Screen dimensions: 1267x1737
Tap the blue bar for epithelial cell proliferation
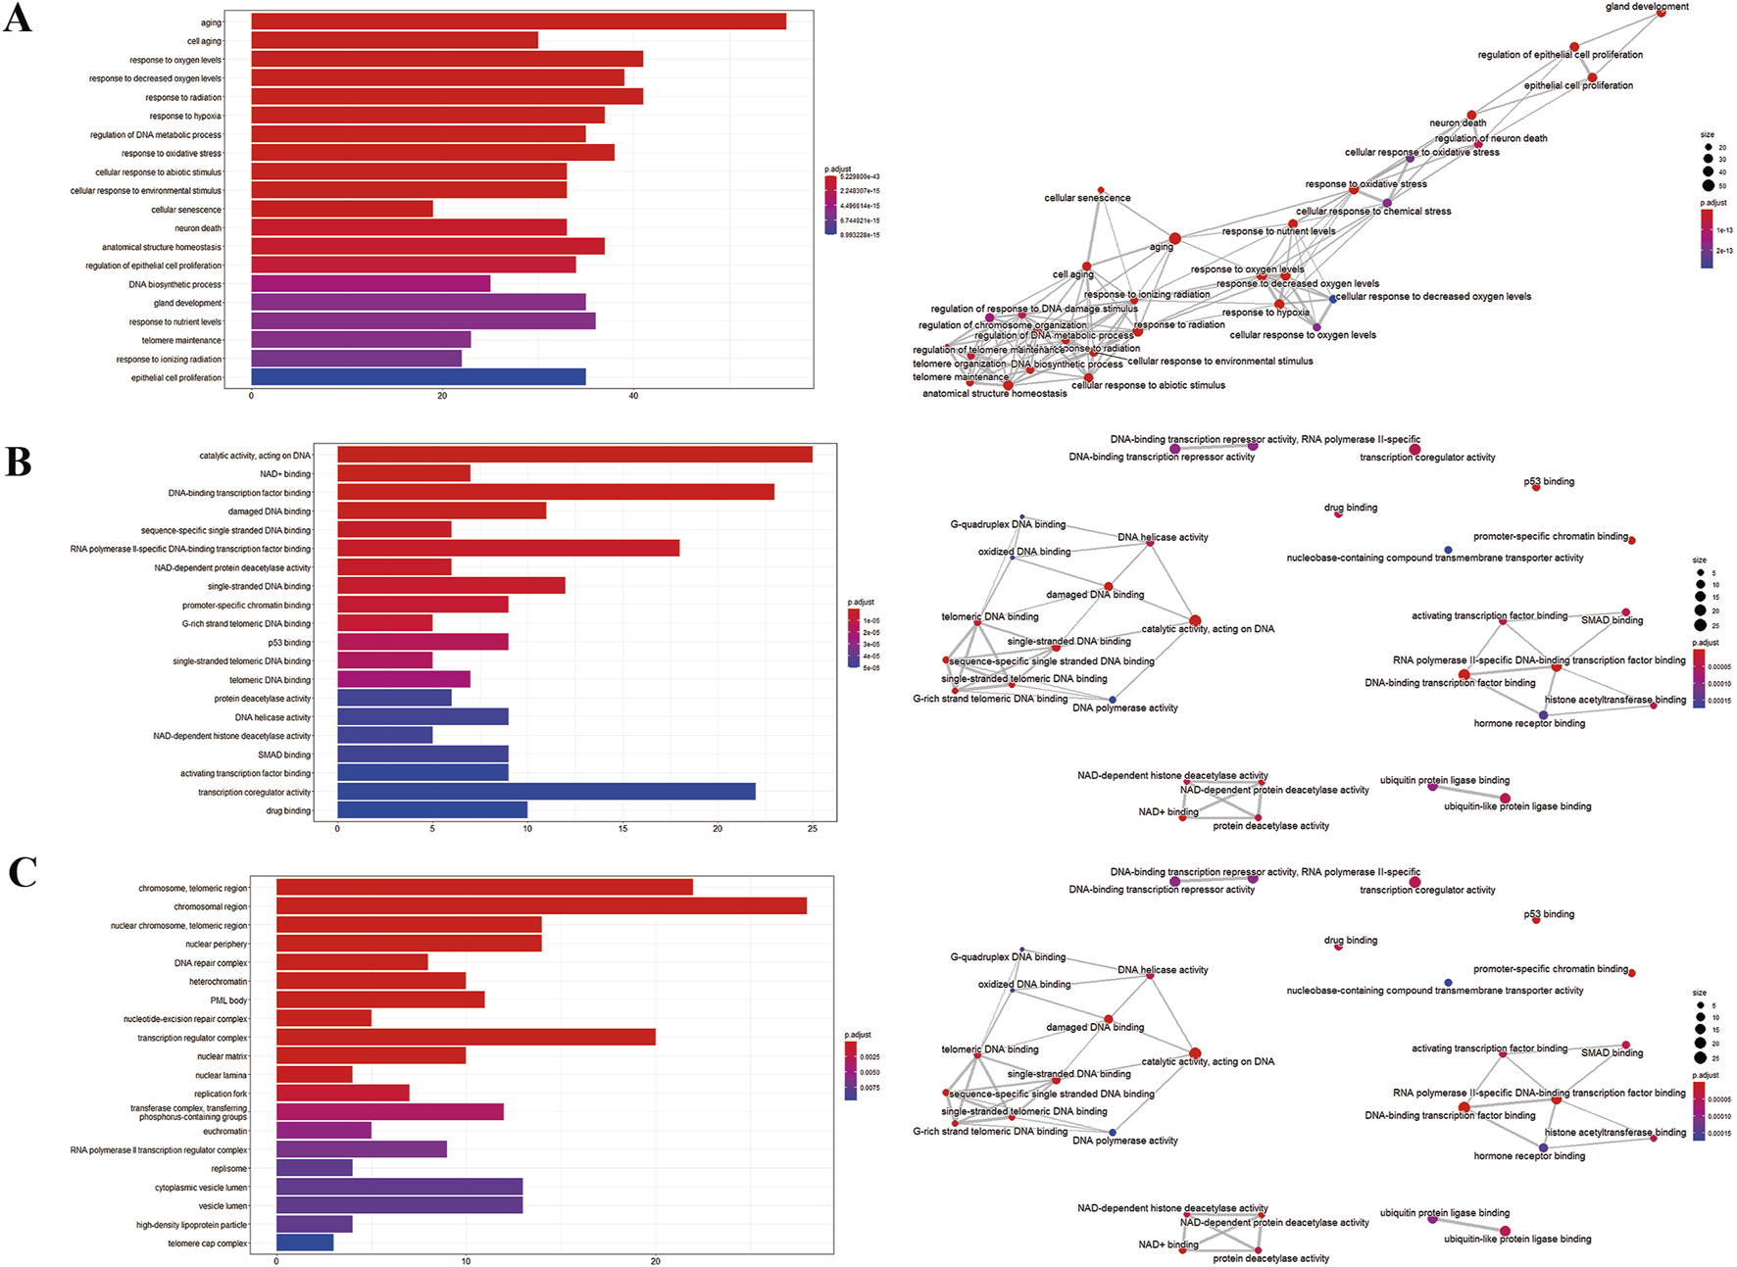pos(418,377)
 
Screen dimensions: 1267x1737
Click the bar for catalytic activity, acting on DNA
pos(574,455)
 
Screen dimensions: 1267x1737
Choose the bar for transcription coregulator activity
pos(546,792)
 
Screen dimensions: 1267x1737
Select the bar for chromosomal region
pos(541,906)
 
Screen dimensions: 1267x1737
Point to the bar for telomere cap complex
pos(305,1243)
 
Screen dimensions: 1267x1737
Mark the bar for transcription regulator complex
pos(466,1038)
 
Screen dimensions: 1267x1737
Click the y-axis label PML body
pos(228,1000)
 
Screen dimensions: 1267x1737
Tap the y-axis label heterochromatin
pos(218,982)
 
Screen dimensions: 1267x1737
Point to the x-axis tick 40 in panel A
pos(633,396)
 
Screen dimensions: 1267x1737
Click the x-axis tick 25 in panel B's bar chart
pos(813,829)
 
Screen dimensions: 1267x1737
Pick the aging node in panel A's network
pos(1174,238)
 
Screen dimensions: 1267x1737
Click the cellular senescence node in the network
pos(1101,190)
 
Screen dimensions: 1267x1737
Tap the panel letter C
pos(22,872)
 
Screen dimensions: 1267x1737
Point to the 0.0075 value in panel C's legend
pos(869,1088)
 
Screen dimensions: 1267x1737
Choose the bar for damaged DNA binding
pos(441,511)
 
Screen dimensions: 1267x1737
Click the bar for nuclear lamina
pos(314,1075)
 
